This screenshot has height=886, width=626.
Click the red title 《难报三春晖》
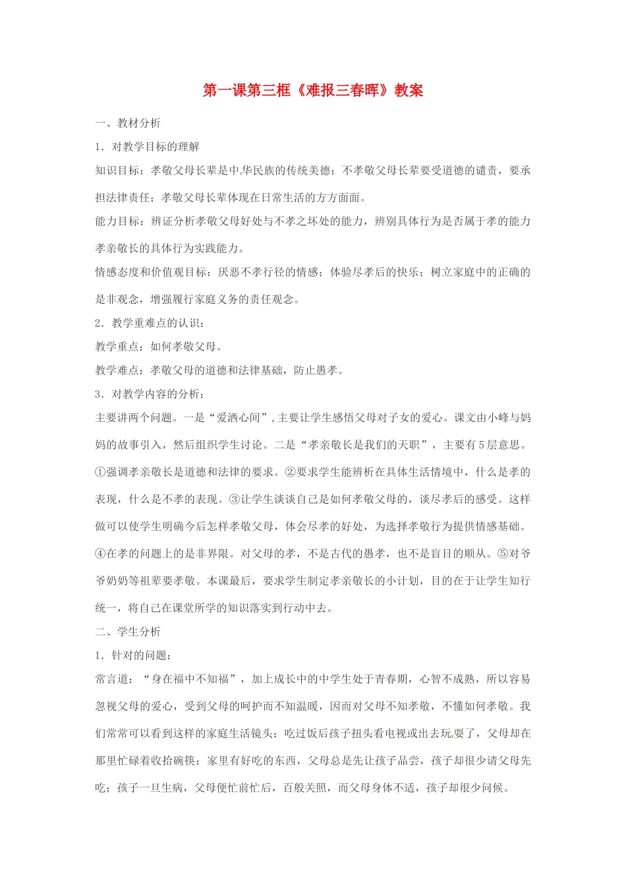(341, 91)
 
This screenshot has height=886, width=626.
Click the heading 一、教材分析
(128, 123)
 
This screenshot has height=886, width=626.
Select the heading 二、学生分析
(128, 632)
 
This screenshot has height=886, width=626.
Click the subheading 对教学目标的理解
(156, 147)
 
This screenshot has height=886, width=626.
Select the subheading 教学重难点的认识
(156, 323)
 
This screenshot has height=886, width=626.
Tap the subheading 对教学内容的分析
(156, 394)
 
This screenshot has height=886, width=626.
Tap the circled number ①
(100, 472)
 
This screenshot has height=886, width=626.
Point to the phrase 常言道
(111, 679)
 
